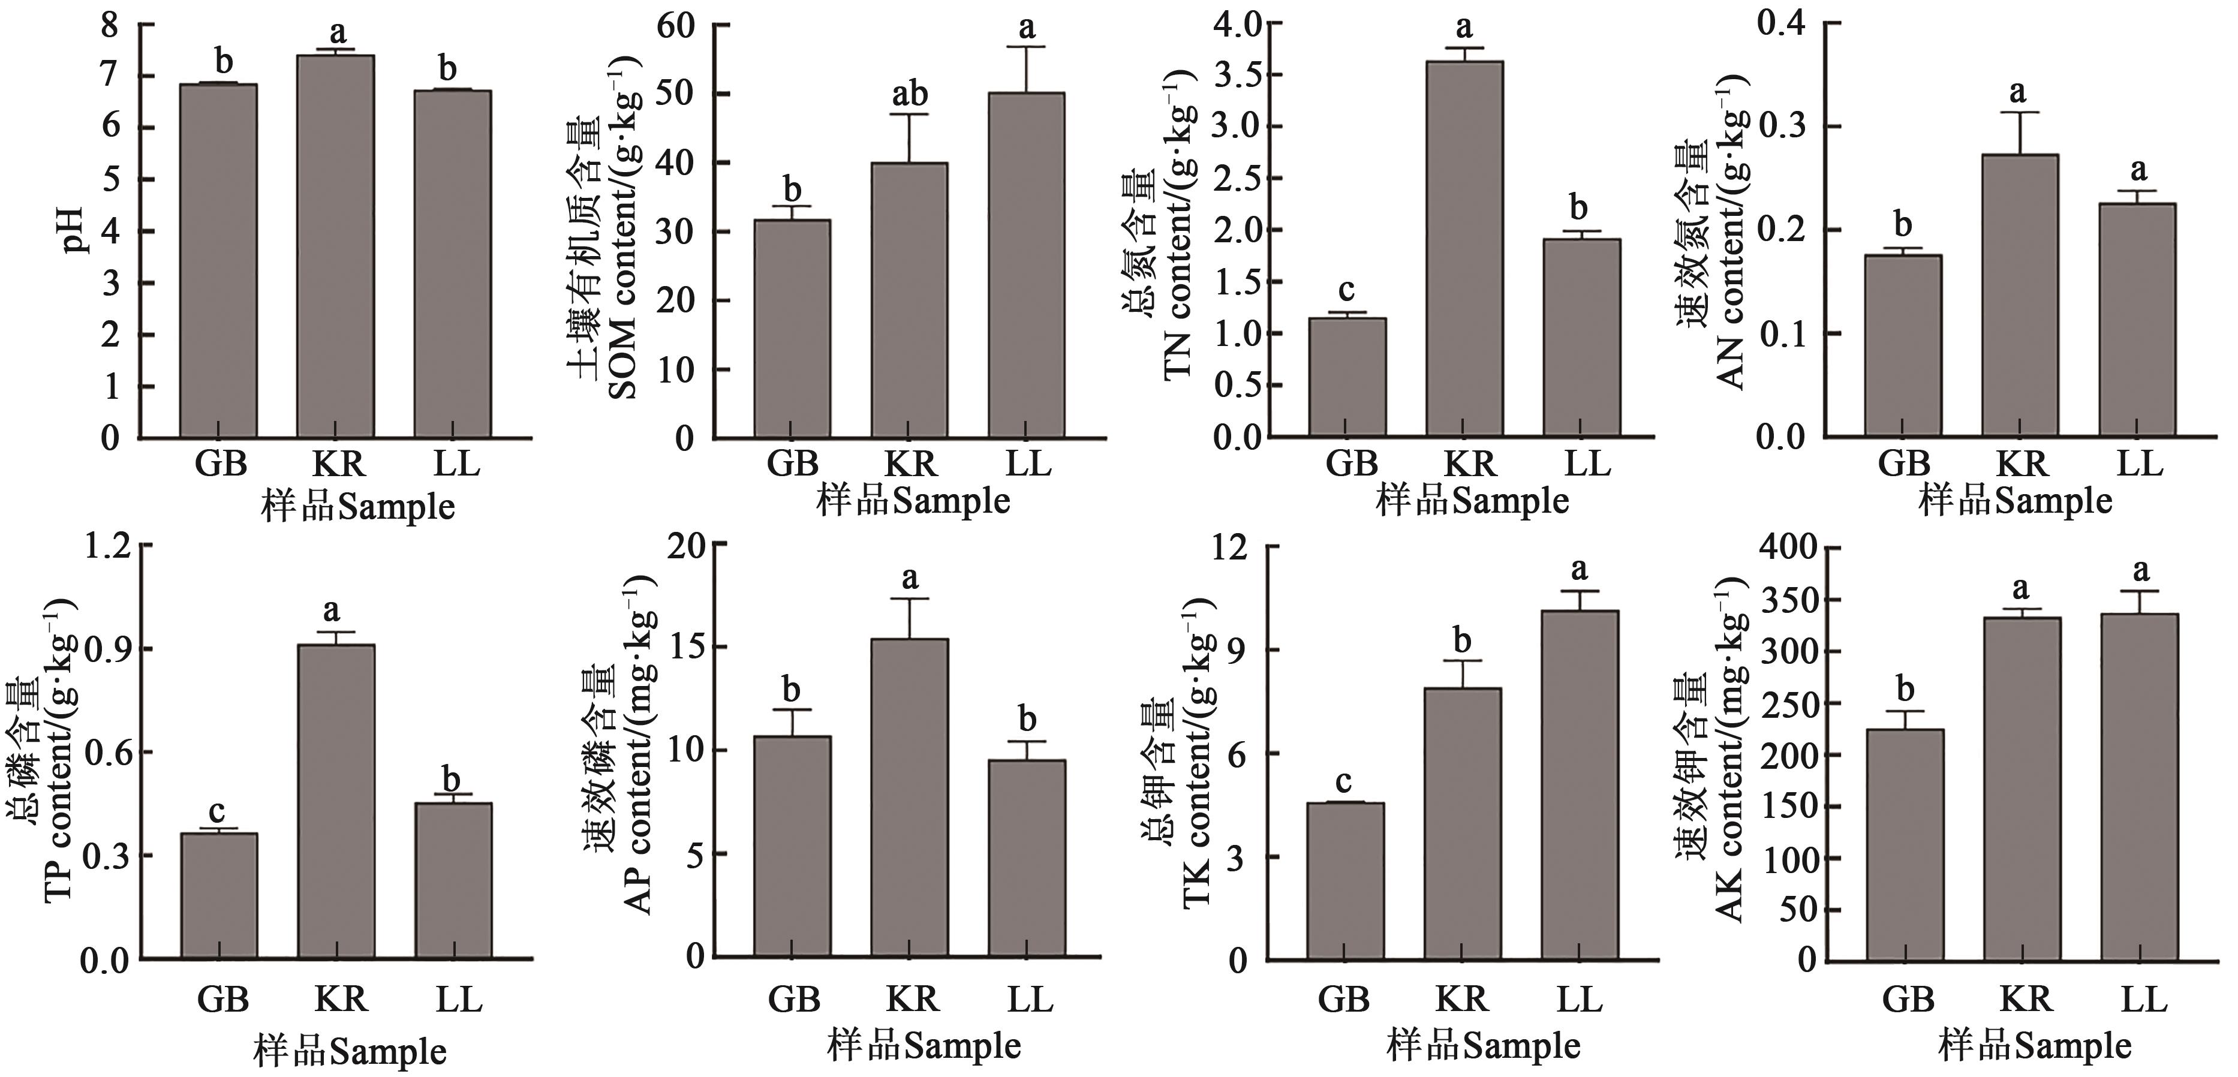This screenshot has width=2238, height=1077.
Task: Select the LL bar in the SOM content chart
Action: point(1027,265)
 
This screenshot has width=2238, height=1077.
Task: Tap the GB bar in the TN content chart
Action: point(1347,377)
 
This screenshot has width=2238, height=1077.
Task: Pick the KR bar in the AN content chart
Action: point(2020,295)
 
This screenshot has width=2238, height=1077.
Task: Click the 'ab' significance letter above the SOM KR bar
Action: point(910,94)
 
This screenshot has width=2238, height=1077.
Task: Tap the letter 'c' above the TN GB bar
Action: point(1347,289)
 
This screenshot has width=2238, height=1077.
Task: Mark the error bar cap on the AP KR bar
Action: point(910,599)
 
